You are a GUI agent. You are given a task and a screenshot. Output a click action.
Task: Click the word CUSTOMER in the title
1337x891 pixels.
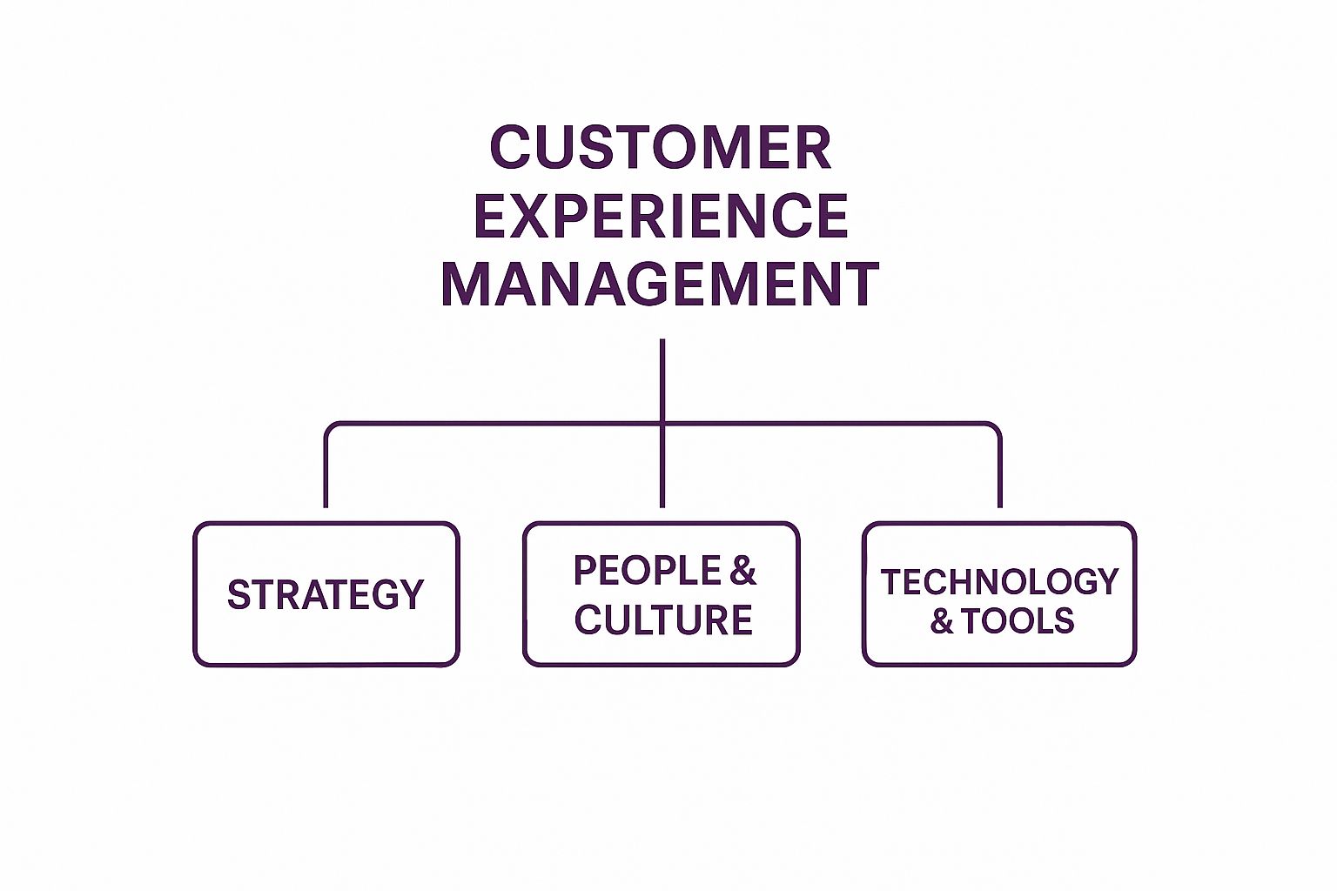(661, 148)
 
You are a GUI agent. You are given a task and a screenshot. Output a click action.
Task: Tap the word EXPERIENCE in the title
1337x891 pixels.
(661, 217)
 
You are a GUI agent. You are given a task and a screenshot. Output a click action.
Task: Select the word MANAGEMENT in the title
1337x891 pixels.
(660, 285)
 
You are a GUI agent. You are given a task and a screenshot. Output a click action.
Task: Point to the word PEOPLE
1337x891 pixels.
(648, 571)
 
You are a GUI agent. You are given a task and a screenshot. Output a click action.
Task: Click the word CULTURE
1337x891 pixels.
(663, 620)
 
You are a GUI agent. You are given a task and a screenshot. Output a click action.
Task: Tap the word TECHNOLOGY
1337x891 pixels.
(999, 582)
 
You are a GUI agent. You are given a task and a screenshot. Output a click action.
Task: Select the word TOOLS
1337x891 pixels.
(1018, 621)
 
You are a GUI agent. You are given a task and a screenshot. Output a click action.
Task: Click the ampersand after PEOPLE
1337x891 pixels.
(742, 571)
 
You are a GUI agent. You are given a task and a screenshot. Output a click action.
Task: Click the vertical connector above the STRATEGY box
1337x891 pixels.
(326, 474)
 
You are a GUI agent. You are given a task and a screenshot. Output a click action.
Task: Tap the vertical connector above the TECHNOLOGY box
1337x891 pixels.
(1000, 474)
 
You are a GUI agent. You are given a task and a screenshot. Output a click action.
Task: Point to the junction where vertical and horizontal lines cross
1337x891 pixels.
(662, 424)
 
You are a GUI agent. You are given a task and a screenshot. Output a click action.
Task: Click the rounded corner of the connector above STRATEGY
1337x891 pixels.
(330, 428)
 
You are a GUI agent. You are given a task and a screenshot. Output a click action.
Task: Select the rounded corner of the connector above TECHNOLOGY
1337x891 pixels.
(995, 428)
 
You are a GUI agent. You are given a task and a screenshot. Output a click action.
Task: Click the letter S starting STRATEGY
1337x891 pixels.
(239, 595)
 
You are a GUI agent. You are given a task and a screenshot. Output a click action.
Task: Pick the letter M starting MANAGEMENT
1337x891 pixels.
(463, 285)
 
